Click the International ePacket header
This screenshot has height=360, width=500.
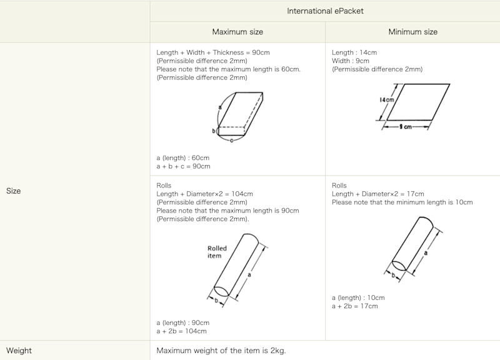point(325,11)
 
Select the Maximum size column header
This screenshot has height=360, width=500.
point(237,32)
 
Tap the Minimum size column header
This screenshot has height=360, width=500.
point(412,32)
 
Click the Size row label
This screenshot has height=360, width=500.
point(13,191)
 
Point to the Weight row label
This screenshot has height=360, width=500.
point(19,351)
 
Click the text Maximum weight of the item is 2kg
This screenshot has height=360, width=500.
point(221,351)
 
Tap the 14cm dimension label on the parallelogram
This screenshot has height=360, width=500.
point(387,100)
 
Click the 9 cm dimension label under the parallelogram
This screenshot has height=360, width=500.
point(406,127)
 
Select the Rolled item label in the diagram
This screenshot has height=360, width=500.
point(217,252)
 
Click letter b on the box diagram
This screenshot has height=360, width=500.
point(214,131)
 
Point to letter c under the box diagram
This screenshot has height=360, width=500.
point(231,141)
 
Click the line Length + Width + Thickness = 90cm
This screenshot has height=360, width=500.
point(213,52)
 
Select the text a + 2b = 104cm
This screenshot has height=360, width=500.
point(181,331)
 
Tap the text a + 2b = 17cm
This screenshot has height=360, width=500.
point(354,306)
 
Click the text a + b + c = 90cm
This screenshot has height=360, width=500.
point(183,166)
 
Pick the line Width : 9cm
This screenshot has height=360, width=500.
point(350,61)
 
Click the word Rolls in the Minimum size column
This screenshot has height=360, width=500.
point(339,186)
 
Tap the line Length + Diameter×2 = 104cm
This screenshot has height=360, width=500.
point(204,194)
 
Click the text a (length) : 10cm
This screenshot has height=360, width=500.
point(358,298)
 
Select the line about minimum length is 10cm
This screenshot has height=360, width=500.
point(402,202)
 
